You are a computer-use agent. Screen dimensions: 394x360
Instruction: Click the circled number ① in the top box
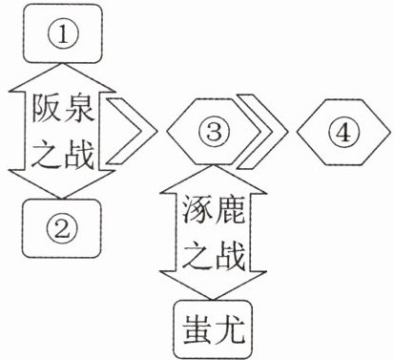pos(63,35)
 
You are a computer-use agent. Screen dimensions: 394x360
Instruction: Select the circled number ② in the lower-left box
pos(62,228)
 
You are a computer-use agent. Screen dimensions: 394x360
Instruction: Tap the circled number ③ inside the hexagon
pos(214,131)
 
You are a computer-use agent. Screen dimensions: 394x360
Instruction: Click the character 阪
pos(47,109)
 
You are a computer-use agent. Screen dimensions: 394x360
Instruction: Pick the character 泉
pos(78,109)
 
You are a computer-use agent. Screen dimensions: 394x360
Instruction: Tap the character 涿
pos(197,209)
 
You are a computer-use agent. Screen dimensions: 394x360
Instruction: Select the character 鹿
pos(230,209)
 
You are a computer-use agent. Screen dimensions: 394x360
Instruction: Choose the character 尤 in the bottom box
pos(230,329)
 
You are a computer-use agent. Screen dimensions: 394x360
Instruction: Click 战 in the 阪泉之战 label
pos(78,156)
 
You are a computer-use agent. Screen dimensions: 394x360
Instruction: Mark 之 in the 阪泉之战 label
pos(47,156)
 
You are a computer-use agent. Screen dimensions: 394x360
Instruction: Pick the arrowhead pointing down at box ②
pos(62,184)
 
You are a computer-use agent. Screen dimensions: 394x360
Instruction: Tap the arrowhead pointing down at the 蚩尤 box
pos(213,285)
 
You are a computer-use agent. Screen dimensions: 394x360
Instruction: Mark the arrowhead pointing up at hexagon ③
pos(213,179)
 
